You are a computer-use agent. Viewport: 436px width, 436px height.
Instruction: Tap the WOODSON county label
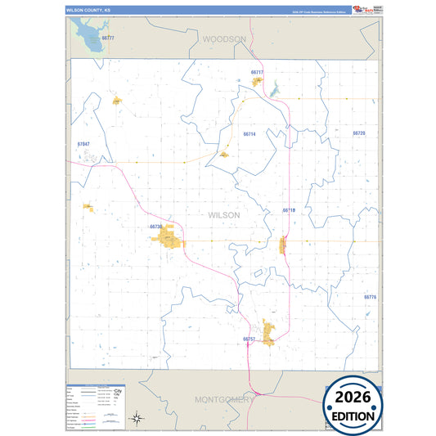[223, 38]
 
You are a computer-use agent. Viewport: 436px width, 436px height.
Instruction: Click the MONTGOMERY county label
[222, 399]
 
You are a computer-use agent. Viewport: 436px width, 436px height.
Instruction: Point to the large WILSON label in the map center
[224, 214]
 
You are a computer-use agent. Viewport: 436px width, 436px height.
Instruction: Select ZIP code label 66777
[108, 38]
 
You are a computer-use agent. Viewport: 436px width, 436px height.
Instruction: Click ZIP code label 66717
[257, 72]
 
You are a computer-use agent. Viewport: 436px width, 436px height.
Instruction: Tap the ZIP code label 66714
[249, 133]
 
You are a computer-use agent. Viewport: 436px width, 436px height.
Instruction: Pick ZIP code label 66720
[358, 133]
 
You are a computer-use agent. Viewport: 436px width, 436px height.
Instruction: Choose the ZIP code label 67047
[83, 144]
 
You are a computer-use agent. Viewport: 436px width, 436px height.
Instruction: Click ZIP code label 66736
[156, 227]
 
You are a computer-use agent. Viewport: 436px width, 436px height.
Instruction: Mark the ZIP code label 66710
[289, 210]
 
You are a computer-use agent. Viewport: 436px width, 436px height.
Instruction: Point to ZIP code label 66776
[370, 297]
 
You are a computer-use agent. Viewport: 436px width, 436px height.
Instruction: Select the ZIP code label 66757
[249, 338]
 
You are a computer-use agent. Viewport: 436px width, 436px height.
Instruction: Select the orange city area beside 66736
[168, 240]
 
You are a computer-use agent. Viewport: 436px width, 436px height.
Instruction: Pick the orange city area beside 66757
[267, 331]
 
